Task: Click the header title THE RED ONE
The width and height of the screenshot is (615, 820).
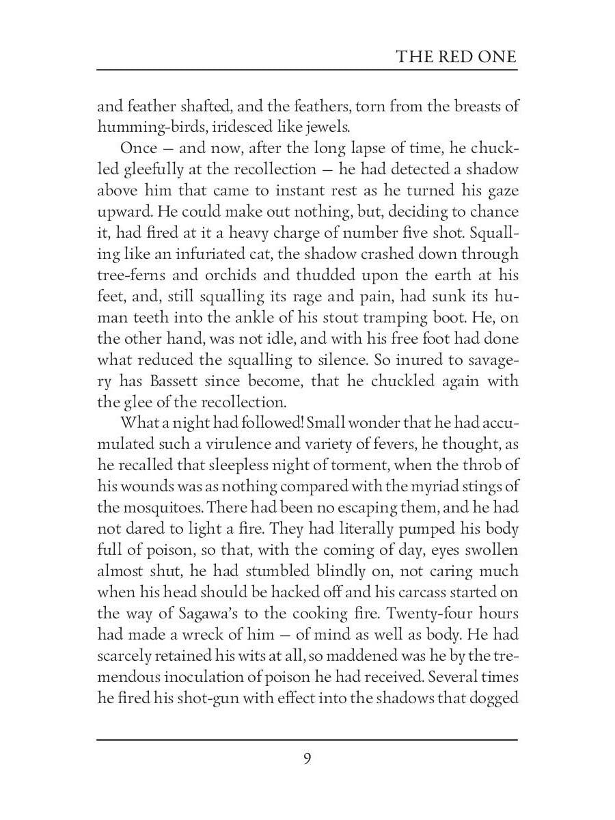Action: [x=456, y=56]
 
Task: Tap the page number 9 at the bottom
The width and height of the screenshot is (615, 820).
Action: [x=307, y=758]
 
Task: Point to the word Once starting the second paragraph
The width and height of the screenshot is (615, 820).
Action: [x=139, y=148]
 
